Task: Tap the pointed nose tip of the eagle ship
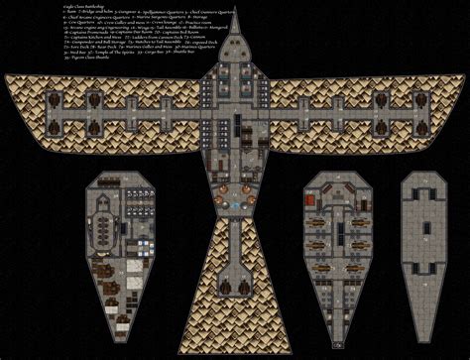click(x=234, y=12)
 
